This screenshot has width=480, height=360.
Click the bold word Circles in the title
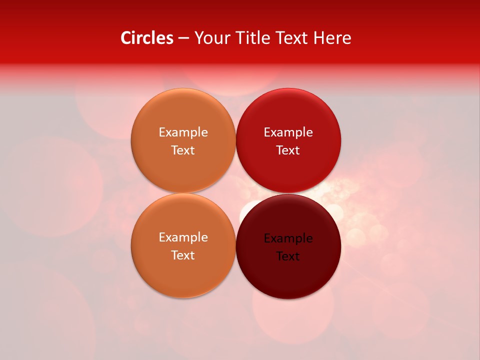147,38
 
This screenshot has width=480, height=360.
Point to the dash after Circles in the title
183,38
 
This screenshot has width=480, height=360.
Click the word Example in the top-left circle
183,132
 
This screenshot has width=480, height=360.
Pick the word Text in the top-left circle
183,150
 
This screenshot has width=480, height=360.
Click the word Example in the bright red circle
288,132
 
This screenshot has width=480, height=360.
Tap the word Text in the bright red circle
288,150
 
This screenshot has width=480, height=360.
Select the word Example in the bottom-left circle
183,237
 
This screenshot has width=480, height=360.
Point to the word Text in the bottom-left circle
183,255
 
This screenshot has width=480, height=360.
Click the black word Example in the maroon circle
288,238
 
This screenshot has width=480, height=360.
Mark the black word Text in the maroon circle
288,256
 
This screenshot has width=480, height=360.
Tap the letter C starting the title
126,38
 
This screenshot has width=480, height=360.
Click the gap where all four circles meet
236,193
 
